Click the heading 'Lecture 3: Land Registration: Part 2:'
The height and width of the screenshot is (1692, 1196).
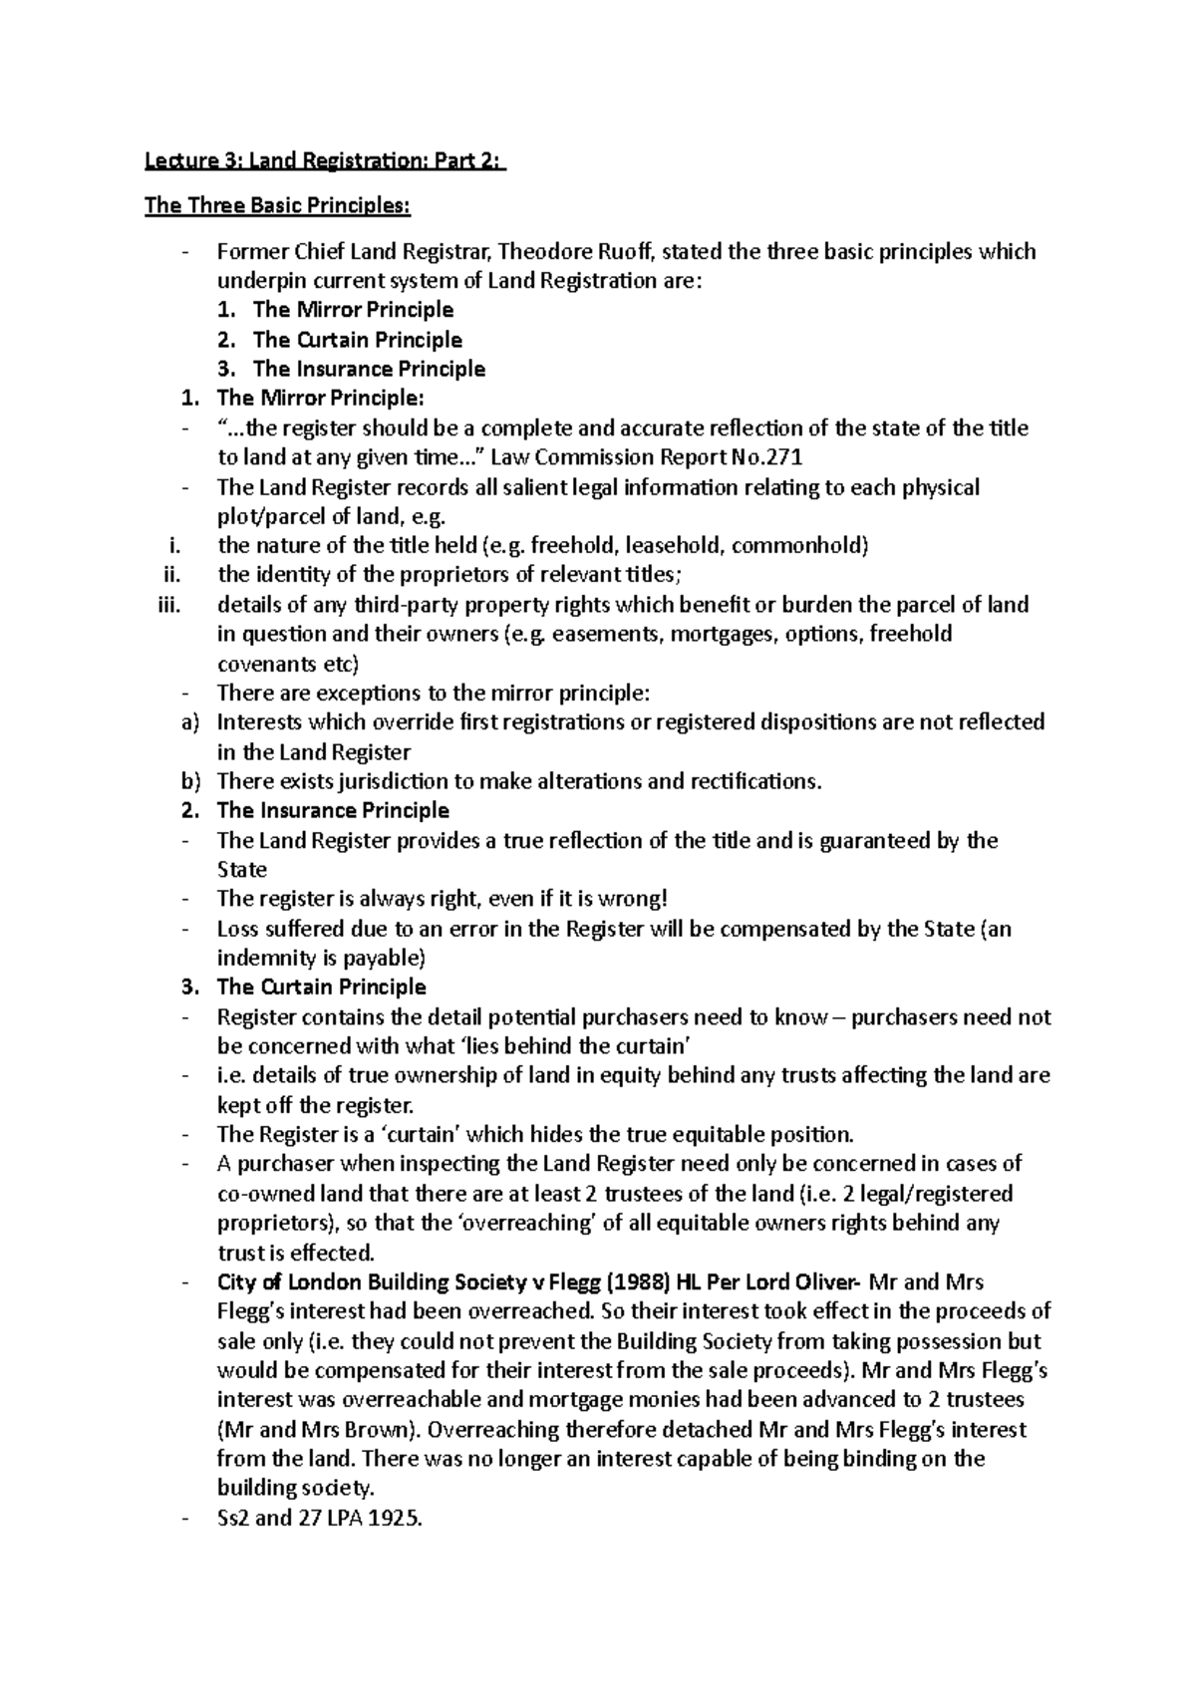click(x=325, y=161)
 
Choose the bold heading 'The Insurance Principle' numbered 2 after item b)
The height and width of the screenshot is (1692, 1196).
click(x=333, y=810)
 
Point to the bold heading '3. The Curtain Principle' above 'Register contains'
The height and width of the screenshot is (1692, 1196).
click(x=321, y=987)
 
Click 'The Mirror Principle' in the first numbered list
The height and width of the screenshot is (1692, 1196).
click(x=353, y=310)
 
